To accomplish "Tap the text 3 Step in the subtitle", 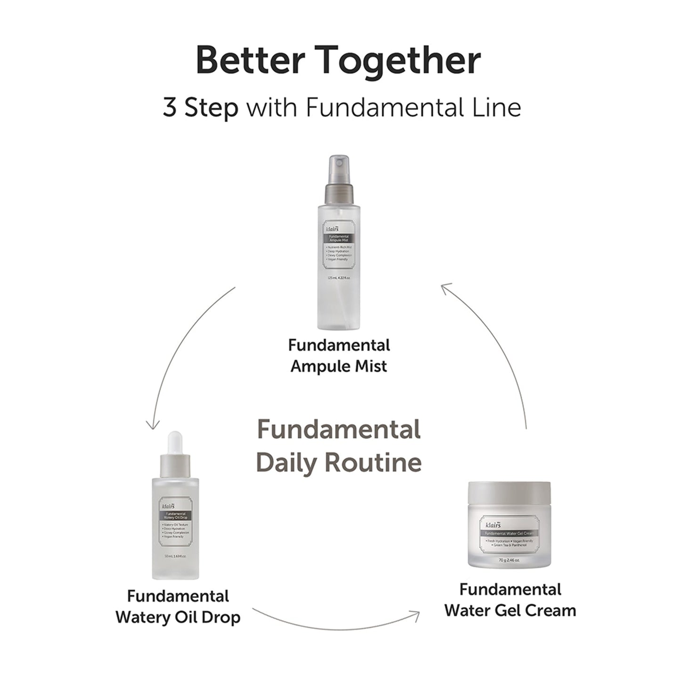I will [x=200, y=108].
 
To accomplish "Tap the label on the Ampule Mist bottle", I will [x=338, y=252].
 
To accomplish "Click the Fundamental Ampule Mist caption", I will [x=339, y=355].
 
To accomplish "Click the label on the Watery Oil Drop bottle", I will [x=175, y=522].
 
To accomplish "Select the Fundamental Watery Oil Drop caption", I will [x=178, y=607].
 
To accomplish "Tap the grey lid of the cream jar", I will [x=509, y=492].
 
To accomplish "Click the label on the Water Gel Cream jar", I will [x=509, y=534].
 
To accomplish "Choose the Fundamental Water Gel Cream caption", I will [x=510, y=599].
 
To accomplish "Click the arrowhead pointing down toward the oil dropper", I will [x=152, y=426].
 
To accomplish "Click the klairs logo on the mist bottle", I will [x=333, y=230].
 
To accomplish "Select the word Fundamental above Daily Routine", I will [x=339, y=429].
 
